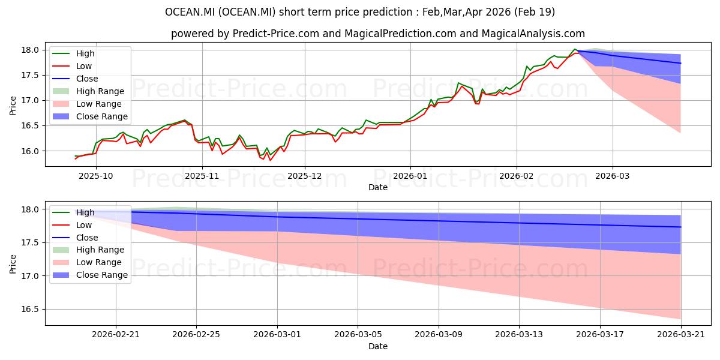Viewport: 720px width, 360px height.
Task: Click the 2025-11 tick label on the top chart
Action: [x=202, y=176]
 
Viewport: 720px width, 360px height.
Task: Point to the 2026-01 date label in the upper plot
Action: [x=410, y=176]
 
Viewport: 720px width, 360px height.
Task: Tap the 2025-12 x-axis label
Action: [x=305, y=176]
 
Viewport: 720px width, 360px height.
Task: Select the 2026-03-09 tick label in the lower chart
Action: [x=439, y=335]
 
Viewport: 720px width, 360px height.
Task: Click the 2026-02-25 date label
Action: [x=196, y=335]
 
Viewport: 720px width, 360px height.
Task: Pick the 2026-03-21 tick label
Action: [x=681, y=335]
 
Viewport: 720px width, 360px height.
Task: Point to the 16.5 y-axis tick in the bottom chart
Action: [x=30, y=309]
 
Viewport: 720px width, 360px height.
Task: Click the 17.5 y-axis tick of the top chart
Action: [x=30, y=75]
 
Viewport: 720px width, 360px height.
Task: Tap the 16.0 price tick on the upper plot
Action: [x=30, y=151]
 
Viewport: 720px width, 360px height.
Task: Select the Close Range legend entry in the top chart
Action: [x=90, y=116]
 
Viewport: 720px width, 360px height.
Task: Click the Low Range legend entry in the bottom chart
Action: [x=87, y=262]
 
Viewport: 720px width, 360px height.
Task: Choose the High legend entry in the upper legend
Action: [x=73, y=53]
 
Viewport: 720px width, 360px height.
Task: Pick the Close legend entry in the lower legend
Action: [x=75, y=238]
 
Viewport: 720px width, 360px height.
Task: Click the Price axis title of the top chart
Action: [x=13, y=106]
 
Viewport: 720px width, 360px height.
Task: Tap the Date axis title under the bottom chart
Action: [x=378, y=346]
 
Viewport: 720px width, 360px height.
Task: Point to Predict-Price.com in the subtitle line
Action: [x=276, y=34]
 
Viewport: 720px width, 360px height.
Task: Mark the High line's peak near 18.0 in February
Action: [x=575, y=49]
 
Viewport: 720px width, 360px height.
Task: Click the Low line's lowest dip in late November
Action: [x=271, y=160]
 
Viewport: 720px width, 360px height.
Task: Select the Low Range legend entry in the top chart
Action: [x=87, y=104]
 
